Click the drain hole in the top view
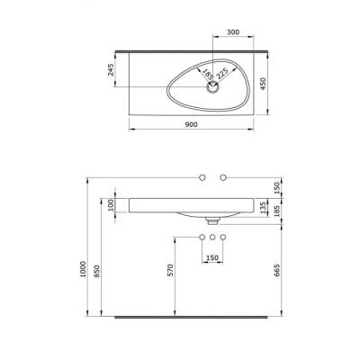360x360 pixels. [x=214, y=88]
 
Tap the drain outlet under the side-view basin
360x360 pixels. [x=213, y=219]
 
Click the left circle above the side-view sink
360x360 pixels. [x=202, y=176]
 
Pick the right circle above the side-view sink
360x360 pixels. [x=225, y=176]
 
